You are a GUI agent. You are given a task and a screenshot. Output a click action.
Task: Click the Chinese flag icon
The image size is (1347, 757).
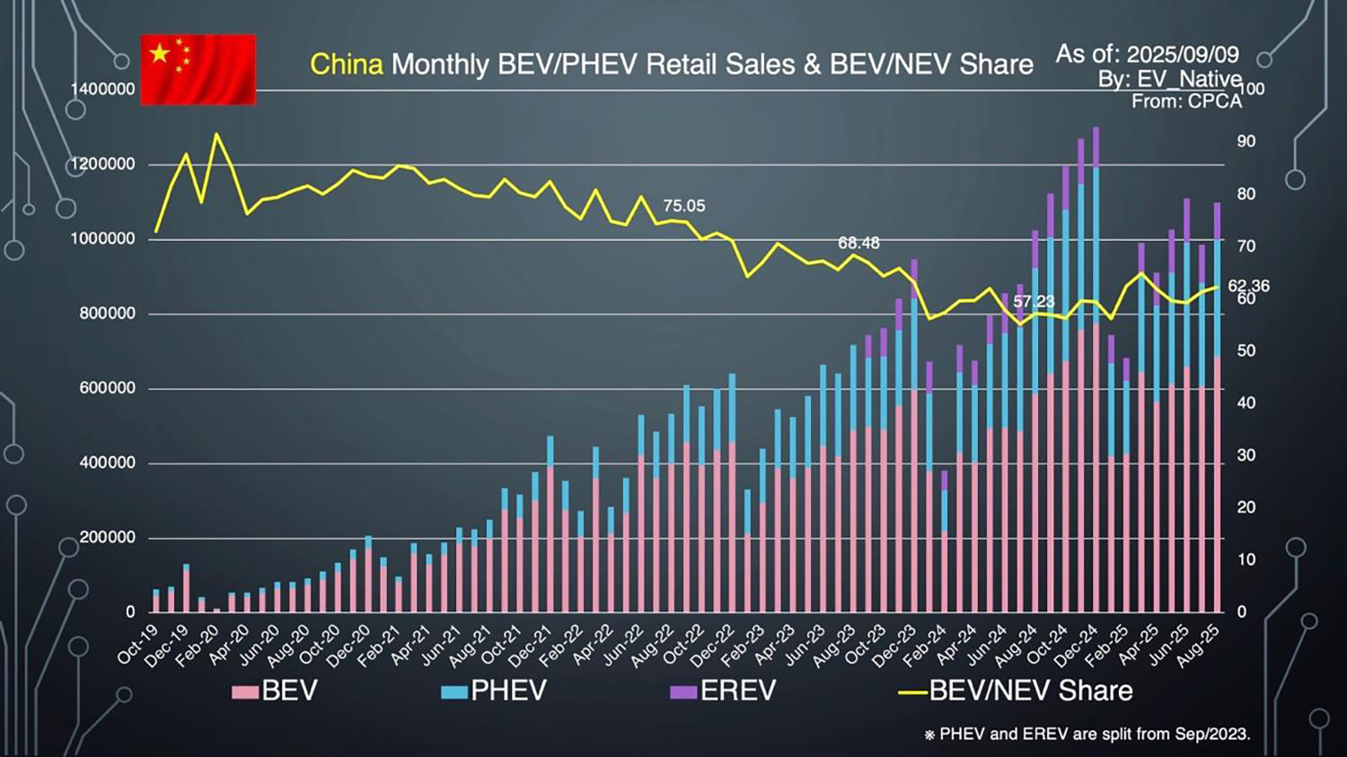click(x=198, y=70)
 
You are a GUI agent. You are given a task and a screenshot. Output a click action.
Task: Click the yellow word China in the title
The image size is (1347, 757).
click(x=347, y=65)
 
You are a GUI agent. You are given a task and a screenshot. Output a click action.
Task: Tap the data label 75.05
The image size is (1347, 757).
click(x=684, y=207)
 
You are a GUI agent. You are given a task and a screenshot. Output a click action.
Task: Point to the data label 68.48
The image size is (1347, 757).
click(x=858, y=243)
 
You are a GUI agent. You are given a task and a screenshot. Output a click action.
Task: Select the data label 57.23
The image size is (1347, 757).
click(x=1034, y=302)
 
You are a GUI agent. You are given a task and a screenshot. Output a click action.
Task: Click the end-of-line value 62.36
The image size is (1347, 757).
click(x=1249, y=286)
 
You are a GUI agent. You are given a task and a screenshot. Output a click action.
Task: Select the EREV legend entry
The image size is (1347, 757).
click(x=724, y=691)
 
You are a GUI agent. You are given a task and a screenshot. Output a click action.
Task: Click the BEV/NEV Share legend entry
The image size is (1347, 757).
click(x=1017, y=691)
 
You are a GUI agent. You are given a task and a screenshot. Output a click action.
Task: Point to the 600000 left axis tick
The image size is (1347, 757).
click(x=107, y=389)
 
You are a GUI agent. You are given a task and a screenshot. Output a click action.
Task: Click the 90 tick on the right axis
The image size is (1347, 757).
click(x=1246, y=142)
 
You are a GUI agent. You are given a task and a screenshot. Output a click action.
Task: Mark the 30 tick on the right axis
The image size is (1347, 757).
click(x=1246, y=455)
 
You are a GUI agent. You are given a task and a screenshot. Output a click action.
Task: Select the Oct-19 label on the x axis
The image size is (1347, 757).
click(x=137, y=646)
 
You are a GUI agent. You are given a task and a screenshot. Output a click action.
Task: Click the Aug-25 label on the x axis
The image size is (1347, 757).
click(x=1199, y=646)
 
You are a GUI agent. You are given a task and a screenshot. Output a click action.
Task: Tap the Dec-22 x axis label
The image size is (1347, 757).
click(x=713, y=646)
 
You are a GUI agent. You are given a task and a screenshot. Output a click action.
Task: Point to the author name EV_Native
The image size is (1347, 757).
click(x=1189, y=79)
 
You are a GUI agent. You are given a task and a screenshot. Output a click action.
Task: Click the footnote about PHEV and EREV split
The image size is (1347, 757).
click(x=1087, y=735)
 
